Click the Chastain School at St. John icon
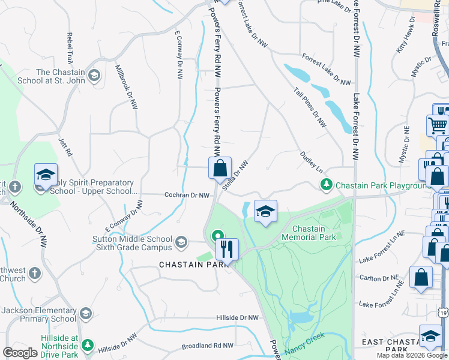(x=94, y=75)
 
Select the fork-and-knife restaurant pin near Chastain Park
(x=228, y=249)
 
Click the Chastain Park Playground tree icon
(x=326, y=185)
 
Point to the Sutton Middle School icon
(x=181, y=243)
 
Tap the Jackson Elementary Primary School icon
(x=86, y=313)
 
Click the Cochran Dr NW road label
(x=187, y=195)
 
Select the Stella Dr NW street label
(x=235, y=175)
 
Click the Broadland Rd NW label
(x=207, y=346)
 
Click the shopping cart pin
(x=438, y=125)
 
